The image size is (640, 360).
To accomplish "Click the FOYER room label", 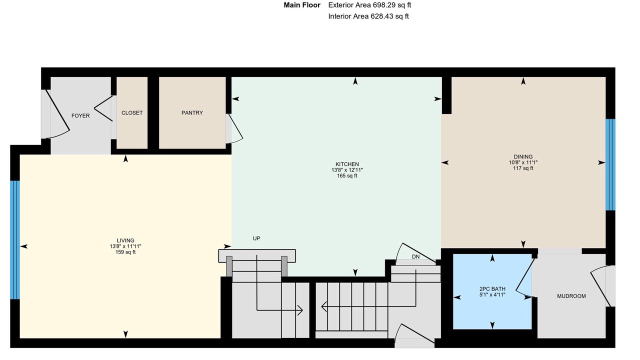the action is coord(80,115).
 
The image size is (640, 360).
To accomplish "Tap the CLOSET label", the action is coord(132,113).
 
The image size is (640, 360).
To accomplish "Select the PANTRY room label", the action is coord(192,113).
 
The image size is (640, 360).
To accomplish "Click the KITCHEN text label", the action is coord(347,164).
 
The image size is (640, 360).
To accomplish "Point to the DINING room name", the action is coord(523,157).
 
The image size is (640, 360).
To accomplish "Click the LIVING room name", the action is coord(125,240).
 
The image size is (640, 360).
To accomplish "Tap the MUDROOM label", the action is coord(571,296).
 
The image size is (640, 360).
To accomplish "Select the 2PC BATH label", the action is coord(492,289).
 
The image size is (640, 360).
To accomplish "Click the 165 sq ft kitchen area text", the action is coord(347,175).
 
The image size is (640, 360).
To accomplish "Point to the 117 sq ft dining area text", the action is coord(523,168).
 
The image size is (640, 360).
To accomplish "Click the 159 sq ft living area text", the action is coord(125,252).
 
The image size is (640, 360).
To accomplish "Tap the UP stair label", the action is coord(256,238).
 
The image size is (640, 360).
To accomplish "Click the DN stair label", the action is coord(415,256).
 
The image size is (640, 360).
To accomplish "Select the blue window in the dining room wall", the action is coord(610,164).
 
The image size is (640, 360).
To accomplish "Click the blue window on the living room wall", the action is coord(15,240).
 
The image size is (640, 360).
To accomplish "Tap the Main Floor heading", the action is coord(302,5).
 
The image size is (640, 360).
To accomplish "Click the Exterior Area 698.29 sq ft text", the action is coord(369,5).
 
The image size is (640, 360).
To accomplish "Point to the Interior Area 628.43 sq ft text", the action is coord(368,16).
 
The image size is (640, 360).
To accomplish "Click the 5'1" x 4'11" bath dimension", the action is coord(492,294).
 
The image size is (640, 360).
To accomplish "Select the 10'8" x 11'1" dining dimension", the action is coord(523,162).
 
